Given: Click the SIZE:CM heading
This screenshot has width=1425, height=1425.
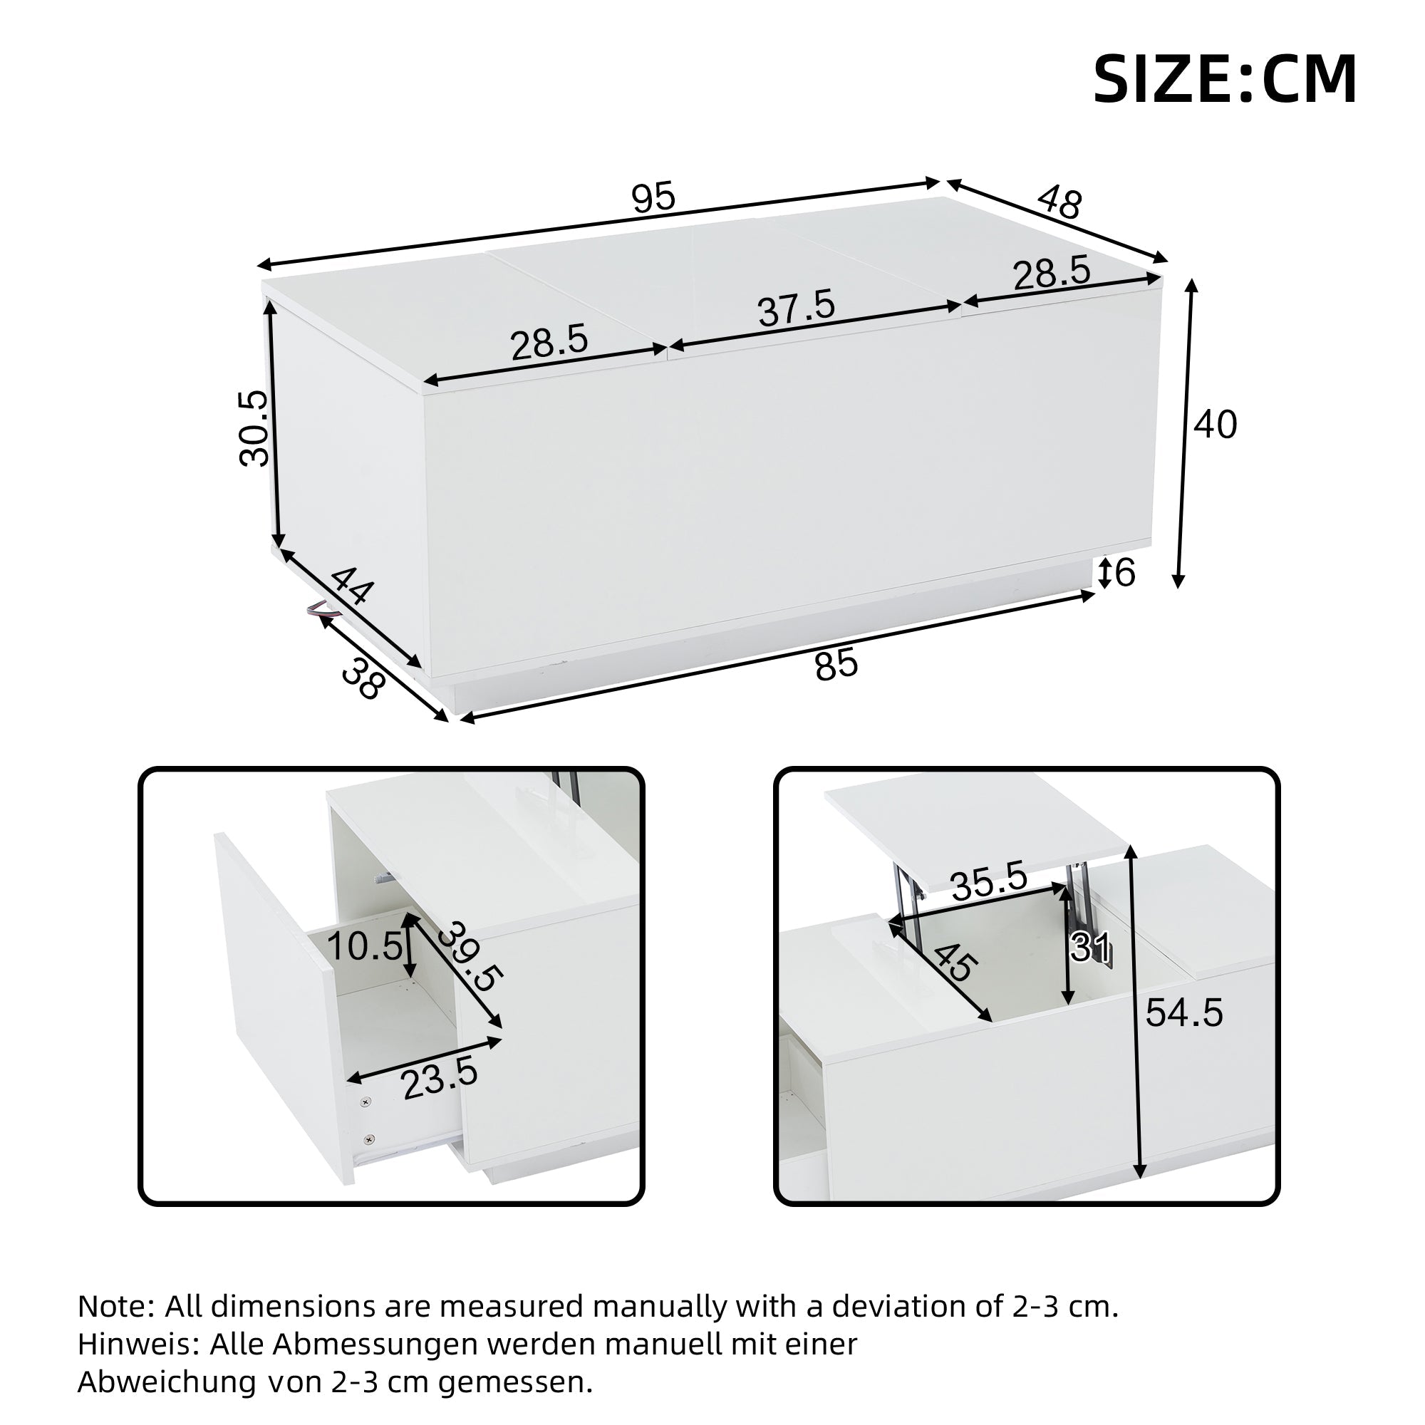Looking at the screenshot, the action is pos(1224,79).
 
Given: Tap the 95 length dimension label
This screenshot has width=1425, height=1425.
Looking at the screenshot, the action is pos(653,197).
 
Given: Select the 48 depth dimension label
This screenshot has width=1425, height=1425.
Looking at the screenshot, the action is pos(1060,202).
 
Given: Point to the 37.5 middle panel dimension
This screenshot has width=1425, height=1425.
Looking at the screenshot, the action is pos(797,308).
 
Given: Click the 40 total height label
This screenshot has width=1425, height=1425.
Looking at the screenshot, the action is pos(1216,425).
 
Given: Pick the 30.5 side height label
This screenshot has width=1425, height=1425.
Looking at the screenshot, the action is pos(254,427).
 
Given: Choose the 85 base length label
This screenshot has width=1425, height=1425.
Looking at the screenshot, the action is pos(836,664).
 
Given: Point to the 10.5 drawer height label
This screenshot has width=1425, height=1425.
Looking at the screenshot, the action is pos(364,946).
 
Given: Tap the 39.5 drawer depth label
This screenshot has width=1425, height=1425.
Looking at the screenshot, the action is pos(469,956).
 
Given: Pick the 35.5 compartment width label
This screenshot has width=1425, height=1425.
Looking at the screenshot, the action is pos(989,881).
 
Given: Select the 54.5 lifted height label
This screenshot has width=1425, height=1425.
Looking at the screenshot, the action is pos(1183,1013).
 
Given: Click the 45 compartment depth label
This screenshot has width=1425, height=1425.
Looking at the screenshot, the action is pos(956,963).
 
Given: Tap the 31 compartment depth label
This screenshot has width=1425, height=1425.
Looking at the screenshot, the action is pos(1090,947).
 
